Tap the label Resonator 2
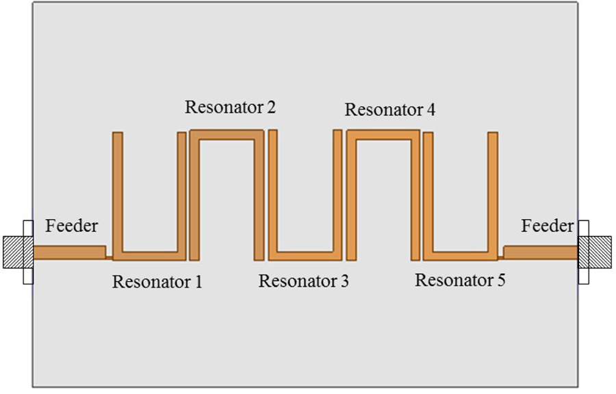coord(231,107)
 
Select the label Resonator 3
coord(303,280)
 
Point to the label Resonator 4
coord(389,109)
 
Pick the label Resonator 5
coord(460,280)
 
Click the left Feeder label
coord(72,226)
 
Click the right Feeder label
coord(548,226)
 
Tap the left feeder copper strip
coord(68,252)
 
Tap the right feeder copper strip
coord(541,252)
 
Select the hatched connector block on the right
coord(600,252)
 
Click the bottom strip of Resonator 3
coord(305,256)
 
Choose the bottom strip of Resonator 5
coord(460,256)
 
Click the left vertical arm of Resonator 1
coord(117,192)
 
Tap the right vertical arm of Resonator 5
coord(493,192)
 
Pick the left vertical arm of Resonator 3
coord(272,192)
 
